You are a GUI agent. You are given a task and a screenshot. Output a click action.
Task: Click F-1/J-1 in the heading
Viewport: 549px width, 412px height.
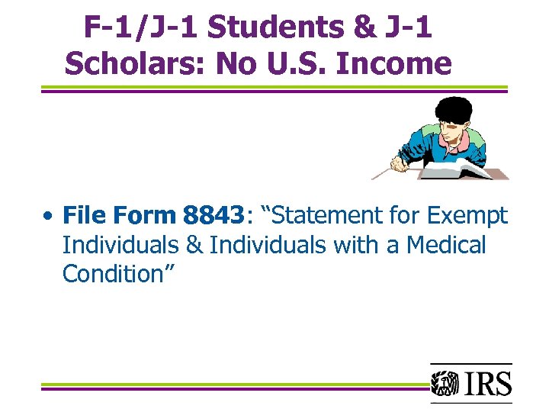pos(141,27)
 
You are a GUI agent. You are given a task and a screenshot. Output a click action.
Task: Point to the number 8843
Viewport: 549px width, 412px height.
pos(212,216)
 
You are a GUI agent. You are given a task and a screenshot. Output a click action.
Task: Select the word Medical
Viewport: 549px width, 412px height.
pos(446,245)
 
